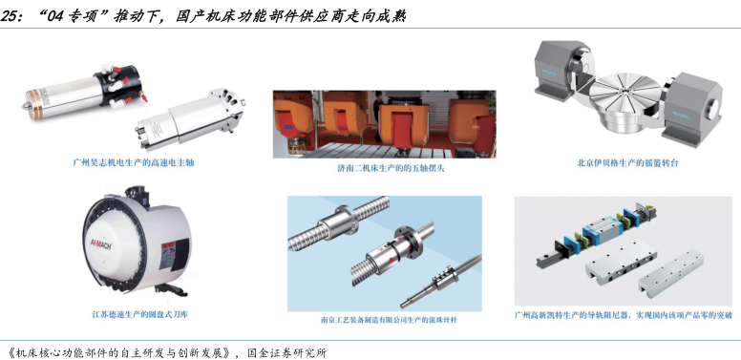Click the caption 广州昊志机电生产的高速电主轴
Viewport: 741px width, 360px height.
[134, 163]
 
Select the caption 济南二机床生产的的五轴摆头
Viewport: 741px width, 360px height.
[384, 168]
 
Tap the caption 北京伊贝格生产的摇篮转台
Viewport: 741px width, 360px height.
[627, 163]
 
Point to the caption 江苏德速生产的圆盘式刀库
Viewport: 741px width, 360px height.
[139, 314]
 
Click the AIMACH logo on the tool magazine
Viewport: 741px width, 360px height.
[100, 244]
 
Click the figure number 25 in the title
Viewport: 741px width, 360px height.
[9, 17]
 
